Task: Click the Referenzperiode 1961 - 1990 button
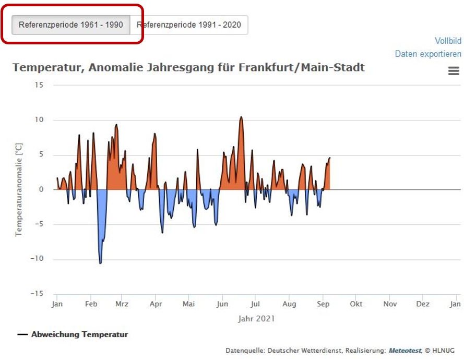(x=71, y=25)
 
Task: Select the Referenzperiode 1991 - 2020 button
(x=189, y=25)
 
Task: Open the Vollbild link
(x=448, y=41)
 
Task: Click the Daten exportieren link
(x=428, y=54)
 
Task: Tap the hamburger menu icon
(x=454, y=71)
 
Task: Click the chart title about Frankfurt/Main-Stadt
(x=188, y=67)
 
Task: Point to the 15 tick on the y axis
(x=40, y=85)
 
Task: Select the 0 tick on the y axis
(x=41, y=189)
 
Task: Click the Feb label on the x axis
(x=91, y=304)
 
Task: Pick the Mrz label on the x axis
(x=122, y=304)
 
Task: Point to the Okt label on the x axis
(x=356, y=304)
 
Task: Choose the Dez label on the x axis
(x=423, y=304)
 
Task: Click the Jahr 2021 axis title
(x=256, y=318)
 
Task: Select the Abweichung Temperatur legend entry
(x=79, y=334)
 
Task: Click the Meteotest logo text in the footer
(x=405, y=350)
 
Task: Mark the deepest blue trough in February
(x=100, y=263)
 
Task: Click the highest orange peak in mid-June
(x=241, y=117)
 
